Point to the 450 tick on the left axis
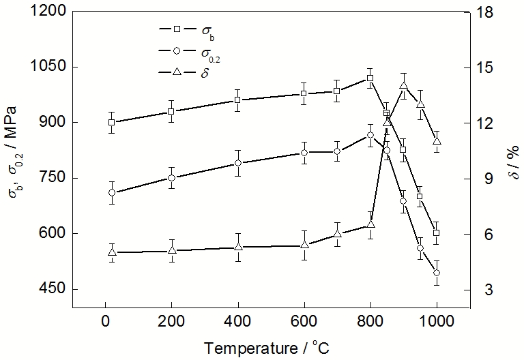[52, 289]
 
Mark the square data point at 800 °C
[370, 78]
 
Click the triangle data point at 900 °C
[403, 85]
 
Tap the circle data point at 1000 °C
[437, 273]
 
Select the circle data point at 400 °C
[237, 163]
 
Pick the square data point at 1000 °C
[437, 233]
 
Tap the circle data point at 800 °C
[370, 135]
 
